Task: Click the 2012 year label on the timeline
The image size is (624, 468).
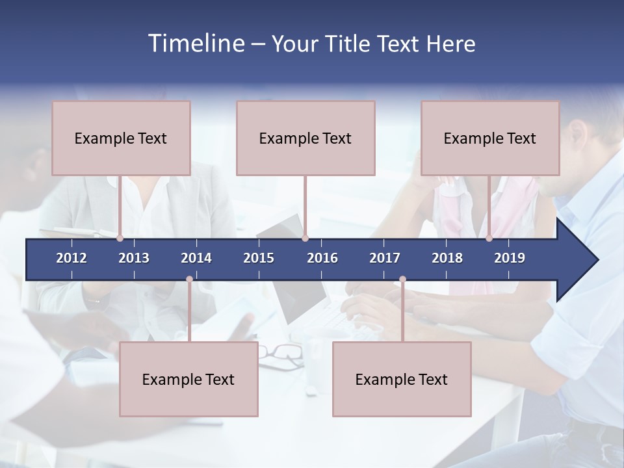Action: [71, 258]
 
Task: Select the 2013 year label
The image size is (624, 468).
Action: [134, 258]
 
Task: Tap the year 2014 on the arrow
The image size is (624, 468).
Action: [196, 258]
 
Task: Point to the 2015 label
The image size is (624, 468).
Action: [259, 258]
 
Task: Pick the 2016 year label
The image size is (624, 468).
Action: [322, 258]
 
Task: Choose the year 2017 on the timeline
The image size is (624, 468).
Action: [385, 258]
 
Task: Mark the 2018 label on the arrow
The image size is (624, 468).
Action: [447, 258]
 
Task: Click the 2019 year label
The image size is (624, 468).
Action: [510, 258]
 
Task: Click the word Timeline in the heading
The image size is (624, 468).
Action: [196, 44]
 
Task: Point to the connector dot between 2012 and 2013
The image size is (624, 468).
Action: [120, 239]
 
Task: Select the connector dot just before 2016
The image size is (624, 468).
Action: [305, 239]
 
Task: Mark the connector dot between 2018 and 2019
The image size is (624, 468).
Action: [489, 239]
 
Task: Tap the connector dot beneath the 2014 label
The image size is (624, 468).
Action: [189, 279]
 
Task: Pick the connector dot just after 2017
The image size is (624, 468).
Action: [402, 279]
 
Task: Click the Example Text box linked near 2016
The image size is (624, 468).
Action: [305, 138]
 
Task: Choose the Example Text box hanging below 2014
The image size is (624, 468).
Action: [188, 379]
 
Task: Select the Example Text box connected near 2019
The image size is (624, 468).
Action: [490, 138]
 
